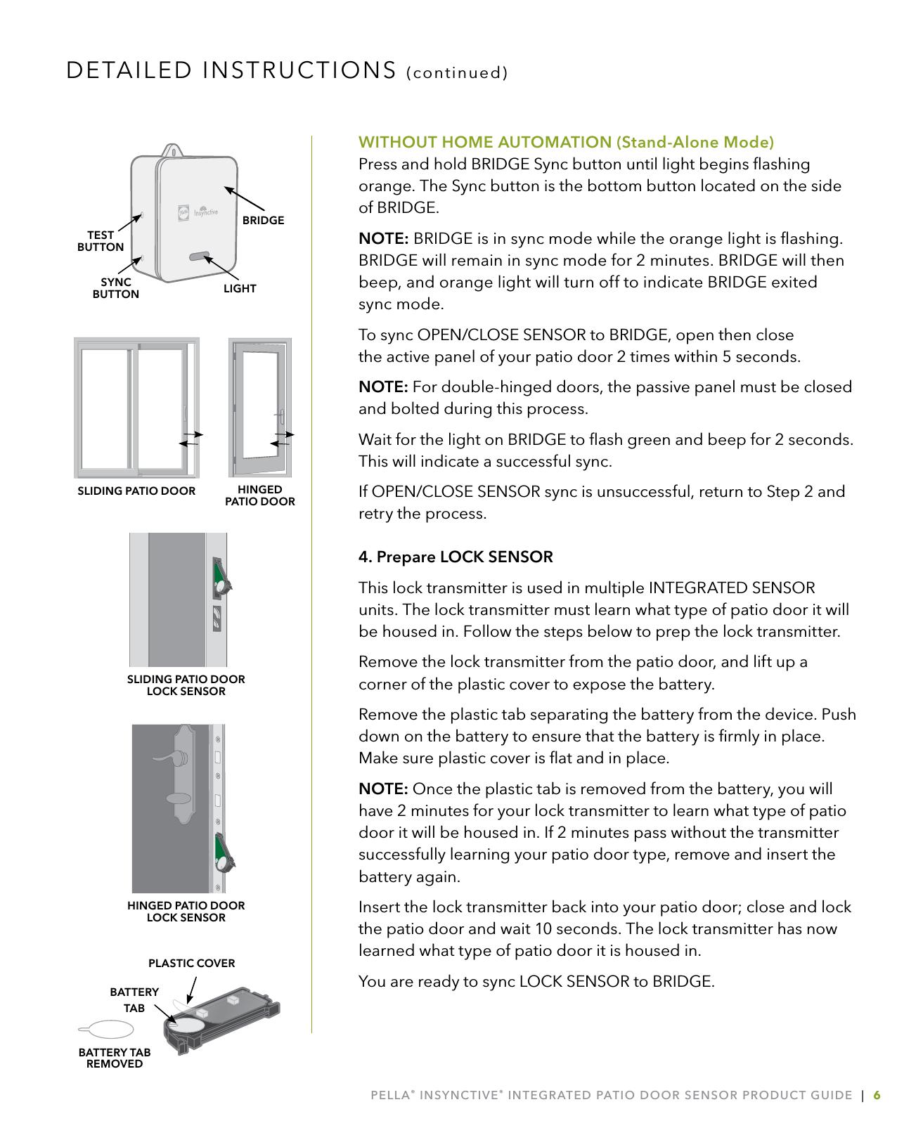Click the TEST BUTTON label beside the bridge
point(101,241)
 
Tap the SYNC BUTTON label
point(116,288)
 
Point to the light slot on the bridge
point(199,257)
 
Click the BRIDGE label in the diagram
point(263,220)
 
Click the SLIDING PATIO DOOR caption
point(136,491)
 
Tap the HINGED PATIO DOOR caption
point(259,495)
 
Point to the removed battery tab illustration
point(107,1030)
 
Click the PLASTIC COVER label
point(191,963)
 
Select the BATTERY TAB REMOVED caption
point(115,1058)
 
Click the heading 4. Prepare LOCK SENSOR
point(456,557)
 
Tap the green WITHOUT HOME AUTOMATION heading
point(566,142)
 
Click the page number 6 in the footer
point(877,1095)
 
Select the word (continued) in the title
point(457,73)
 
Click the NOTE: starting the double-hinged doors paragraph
point(383,387)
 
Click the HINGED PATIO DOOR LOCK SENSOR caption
point(186,912)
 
